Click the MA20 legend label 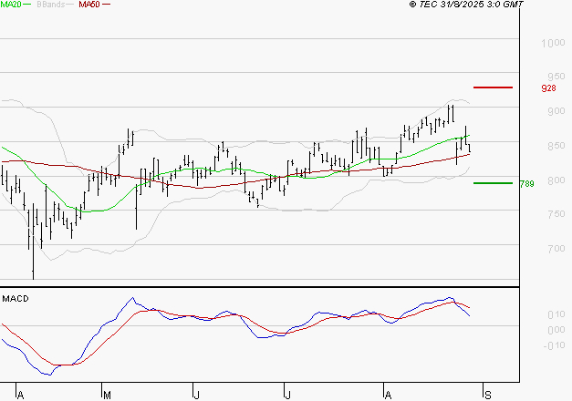pos(12,5)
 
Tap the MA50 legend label pos(89,5)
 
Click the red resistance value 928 pos(548,88)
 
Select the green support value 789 pos(526,184)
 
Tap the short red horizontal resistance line pos(494,87)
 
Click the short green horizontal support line pos(493,183)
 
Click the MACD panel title pos(16,298)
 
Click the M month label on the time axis pos(106,395)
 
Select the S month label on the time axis pos(488,395)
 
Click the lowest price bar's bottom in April pos(33,277)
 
